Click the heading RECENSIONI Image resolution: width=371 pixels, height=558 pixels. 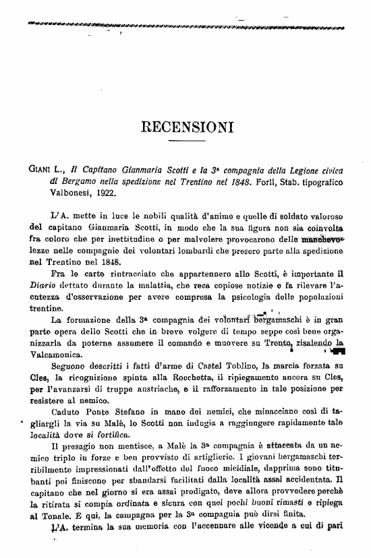185,126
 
